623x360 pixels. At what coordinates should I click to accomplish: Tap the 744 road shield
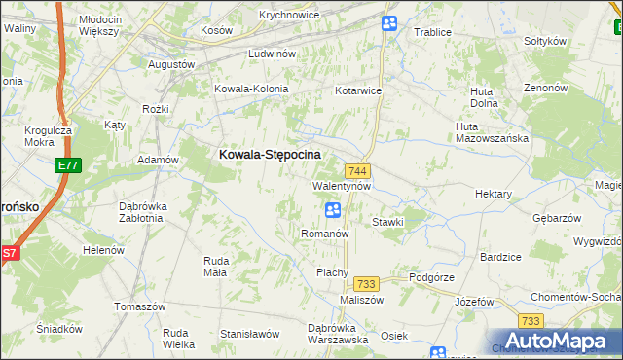357,171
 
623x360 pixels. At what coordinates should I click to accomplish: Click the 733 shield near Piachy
366,283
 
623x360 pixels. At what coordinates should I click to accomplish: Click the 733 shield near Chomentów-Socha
531,321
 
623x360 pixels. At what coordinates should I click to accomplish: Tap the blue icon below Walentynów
332,209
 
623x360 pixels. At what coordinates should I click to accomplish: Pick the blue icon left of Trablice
388,23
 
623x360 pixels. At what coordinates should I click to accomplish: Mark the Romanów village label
324,234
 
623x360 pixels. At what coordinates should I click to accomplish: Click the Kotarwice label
358,90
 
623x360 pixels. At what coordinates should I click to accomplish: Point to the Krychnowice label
289,16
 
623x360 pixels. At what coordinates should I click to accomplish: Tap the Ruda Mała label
215,266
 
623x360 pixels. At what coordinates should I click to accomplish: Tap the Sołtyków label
545,41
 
